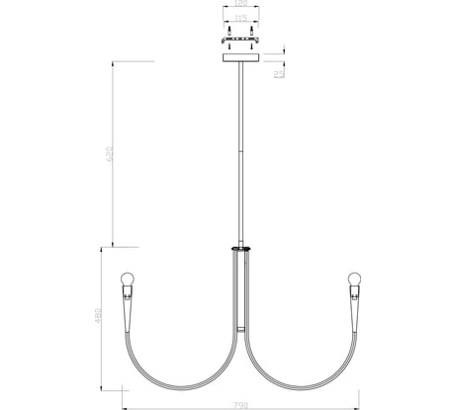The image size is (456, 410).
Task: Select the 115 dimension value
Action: (x=240, y=18)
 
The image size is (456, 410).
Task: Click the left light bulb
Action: (x=126, y=279)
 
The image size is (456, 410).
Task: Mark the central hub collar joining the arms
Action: (x=239, y=248)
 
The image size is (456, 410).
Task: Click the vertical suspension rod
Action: (x=239, y=148)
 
